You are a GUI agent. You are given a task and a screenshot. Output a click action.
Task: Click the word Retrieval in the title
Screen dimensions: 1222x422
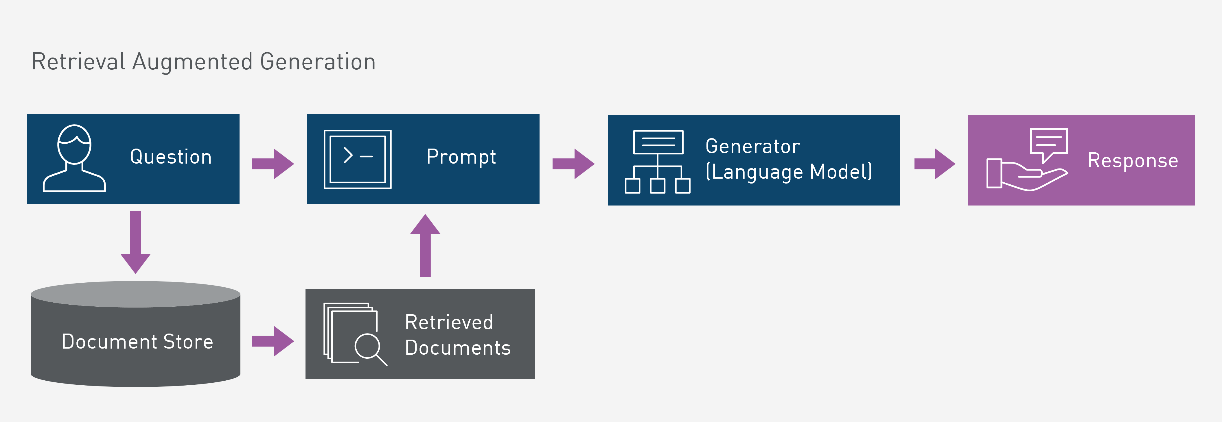pos(79,62)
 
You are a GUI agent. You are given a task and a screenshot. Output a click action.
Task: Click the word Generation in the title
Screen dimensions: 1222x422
pos(318,62)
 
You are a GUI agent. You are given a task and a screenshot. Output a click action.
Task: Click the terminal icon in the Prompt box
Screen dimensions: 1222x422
pos(357,159)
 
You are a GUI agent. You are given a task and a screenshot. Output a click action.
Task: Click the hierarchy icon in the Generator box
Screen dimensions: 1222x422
pos(658,162)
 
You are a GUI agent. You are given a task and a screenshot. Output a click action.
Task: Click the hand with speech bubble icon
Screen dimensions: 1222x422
pos(1028,159)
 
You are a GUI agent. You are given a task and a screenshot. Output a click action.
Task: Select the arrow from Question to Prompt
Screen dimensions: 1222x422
pos(273,164)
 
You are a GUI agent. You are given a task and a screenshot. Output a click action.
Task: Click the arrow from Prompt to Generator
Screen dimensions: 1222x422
pos(573,164)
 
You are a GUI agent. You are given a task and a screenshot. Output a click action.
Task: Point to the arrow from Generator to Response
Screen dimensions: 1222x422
pos(934,164)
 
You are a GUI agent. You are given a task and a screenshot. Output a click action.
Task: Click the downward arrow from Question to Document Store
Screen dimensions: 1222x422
pos(136,242)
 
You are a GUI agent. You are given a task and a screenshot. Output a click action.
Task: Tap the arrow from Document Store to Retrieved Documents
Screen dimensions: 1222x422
pos(273,341)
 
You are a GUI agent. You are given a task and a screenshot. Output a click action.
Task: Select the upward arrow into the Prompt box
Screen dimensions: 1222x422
pos(425,245)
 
